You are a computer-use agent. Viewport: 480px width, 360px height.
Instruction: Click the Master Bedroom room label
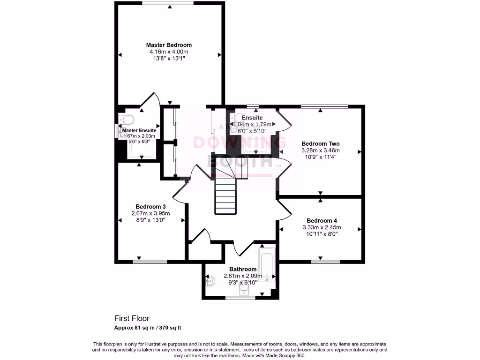tap(169, 45)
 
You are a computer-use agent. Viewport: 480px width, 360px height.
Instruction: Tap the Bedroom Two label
tap(320, 144)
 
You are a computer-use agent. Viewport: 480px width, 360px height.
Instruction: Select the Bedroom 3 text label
tap(150, 207)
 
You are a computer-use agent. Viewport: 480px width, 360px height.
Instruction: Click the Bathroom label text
tap(243, 270)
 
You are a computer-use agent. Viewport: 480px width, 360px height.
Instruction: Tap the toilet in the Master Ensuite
tap(127, 118)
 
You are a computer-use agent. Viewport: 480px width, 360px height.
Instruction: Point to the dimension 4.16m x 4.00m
tap(169, 52)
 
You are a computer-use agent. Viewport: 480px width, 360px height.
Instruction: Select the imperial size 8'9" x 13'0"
tap(150, 220)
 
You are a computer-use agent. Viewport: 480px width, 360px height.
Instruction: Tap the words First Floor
tap(132, 318)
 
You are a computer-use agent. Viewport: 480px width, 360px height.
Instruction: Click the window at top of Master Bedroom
tap(168, 3)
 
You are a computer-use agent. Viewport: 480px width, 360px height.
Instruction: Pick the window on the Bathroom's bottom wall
tap(240, 298)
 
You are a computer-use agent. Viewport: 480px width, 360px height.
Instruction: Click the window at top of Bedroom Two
tap(324, 106)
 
